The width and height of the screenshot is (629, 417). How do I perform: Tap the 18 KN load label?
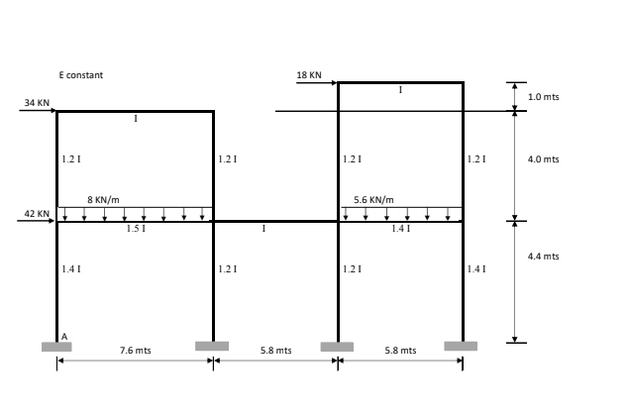[x=308, y=74]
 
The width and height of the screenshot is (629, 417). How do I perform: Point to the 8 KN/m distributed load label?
[x=103, y=199]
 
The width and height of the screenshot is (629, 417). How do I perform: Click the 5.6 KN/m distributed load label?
[x=373, y=199]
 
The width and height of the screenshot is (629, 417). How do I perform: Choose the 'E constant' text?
[x=81, y=75]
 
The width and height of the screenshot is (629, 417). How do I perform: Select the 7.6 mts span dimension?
[x=135, y=350]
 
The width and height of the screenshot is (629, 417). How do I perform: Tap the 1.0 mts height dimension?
[x=544, y=97]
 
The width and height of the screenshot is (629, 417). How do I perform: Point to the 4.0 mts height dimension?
[x=544, y=158]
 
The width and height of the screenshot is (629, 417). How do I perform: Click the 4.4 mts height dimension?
[x=544, y=257]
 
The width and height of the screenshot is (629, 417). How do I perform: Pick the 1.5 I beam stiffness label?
[x=135, y=229]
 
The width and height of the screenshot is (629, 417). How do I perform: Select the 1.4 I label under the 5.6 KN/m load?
[x=400, y=229]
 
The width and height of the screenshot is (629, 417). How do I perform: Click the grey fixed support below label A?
[x=56, y=347]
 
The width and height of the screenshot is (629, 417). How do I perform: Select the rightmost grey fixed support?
[x=461, y=347]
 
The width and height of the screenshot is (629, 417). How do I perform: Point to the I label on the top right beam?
[x=400, y=90]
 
